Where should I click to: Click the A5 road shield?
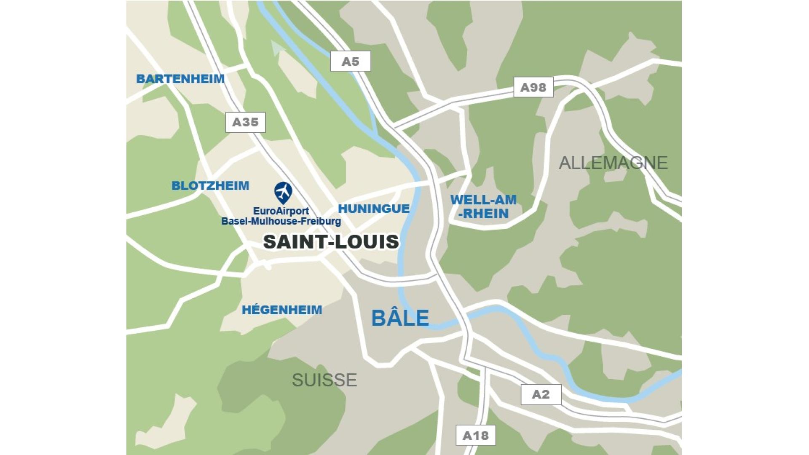pyautogui.click(x=350, y=62)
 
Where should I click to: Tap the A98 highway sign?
pyautogui.click(x=533, y=87)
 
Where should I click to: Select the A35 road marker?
pyautogui.click(x=245, y=122)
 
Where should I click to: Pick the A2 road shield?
pyautogui.click(x=541, y=394)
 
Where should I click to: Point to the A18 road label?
pyautogui.click(x=475, y=435)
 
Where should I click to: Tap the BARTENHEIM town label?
pyautogui.click(x=180, y=79)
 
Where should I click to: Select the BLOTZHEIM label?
pyautogui.click(x=210, y=186)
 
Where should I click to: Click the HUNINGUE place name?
pyautogui.click(x=374, y=209)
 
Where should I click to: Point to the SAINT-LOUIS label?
pyautogui.click(x=331, y=242)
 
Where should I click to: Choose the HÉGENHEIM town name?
pyautogui.click(x=281, y=310)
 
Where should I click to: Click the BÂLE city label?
pyautogui.click(x=400, y=318)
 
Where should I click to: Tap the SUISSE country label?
pyautogui.click(x=324, y=380)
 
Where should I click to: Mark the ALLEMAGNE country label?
pyautogui.click(x=613, y=163)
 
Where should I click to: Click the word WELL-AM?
pyautogui.click(x=483, y=200)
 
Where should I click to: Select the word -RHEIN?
pyautogui.click(x=483, y=214)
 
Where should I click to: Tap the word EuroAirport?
pyautogui.click(x=281, y=211)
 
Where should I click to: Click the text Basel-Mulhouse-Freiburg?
pyautogui.click(x=281, y=221)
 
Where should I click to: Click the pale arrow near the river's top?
pyautogui.click(x=277, y=48)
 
